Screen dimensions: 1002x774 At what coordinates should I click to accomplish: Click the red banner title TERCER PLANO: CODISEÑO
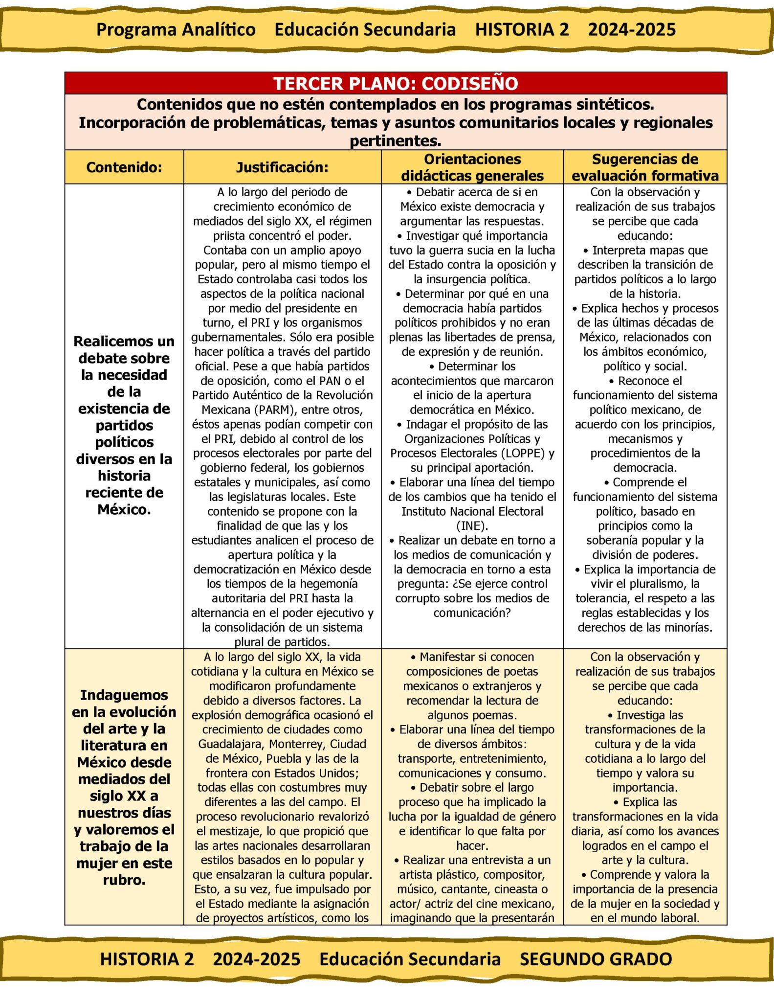point(396,83)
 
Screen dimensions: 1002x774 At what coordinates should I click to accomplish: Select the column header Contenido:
point(124,167)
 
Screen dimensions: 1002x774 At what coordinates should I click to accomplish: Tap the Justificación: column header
point(282,167)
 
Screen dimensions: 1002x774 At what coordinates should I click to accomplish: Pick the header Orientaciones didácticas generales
point(472,167)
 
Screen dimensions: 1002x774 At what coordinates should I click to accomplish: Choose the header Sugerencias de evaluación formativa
point(645,167)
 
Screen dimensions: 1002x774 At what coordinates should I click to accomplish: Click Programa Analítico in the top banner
point(176,29)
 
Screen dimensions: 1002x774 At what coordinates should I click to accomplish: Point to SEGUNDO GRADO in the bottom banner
point(596,959)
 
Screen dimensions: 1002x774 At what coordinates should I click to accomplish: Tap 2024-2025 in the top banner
point(632,29)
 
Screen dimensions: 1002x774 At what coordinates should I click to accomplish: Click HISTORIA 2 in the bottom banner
point(147,959)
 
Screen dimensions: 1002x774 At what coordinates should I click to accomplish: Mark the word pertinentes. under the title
point(395,141)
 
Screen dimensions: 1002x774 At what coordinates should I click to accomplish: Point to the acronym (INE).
point(472,526)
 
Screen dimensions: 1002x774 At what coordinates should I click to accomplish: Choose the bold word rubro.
point(124,880)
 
